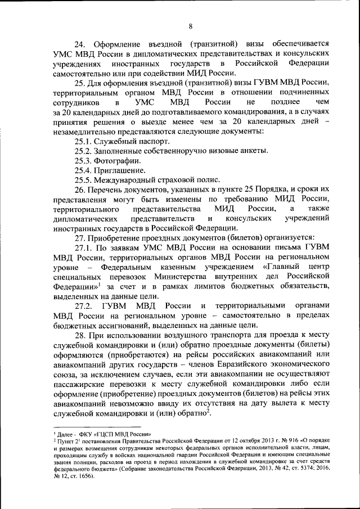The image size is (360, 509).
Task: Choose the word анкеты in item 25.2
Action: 253,151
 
